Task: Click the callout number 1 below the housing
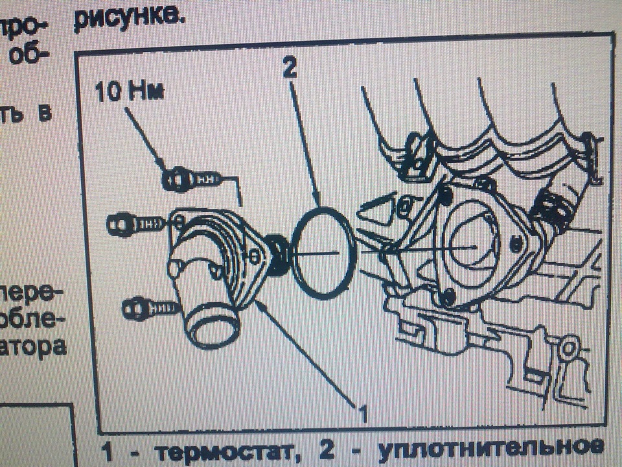point(362,413)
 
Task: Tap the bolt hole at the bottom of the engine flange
point(446,297)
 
